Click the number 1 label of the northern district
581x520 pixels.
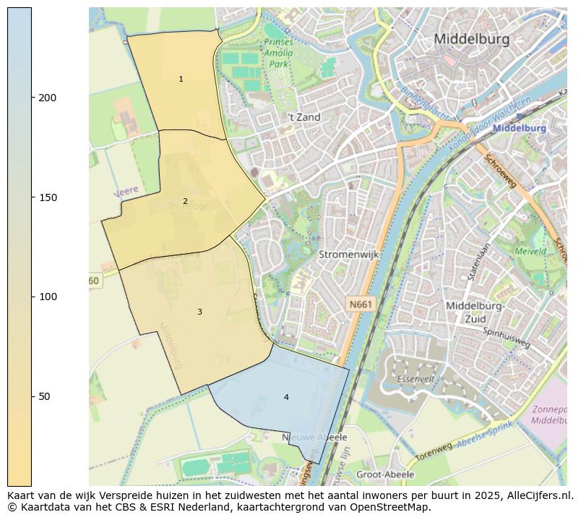(x=181, y=79)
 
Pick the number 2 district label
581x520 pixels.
(x=185, y=201)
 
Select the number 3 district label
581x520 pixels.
(x=199, y=312)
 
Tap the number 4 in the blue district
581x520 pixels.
(x=286, y=397)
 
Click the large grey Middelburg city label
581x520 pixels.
(x=471, y=39)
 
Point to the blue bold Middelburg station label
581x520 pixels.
(x=519, y=128)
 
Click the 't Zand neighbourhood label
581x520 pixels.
(x=304, y=117)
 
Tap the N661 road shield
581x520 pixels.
(x=360, y=305)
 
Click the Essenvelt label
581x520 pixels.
(x=416, y=379)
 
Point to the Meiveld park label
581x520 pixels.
(x=530, y=252)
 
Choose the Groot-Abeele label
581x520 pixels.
(x=386, y=475)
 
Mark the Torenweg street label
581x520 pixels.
(x=434, y=452)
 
